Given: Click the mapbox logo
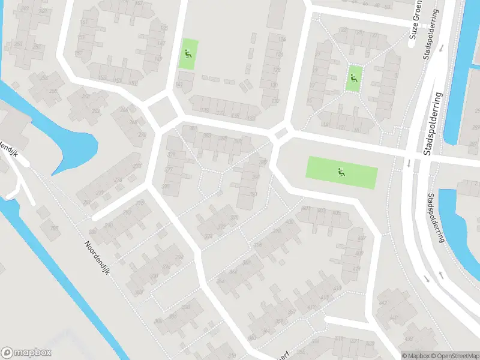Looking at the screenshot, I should (x=26, y=353).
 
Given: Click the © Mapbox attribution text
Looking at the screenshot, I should (x=416, y=356).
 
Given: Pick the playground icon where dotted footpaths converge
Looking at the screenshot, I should (x=353, y=77).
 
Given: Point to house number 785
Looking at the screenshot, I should (x=54, y=228).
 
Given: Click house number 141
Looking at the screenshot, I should (x=179, y=85).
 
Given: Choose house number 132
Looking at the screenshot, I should (x=275, y=101).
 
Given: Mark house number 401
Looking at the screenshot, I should (x=306, y=208).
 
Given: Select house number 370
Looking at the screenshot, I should (x=233, y=217).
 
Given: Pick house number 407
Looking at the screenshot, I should (x=361, y=238).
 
